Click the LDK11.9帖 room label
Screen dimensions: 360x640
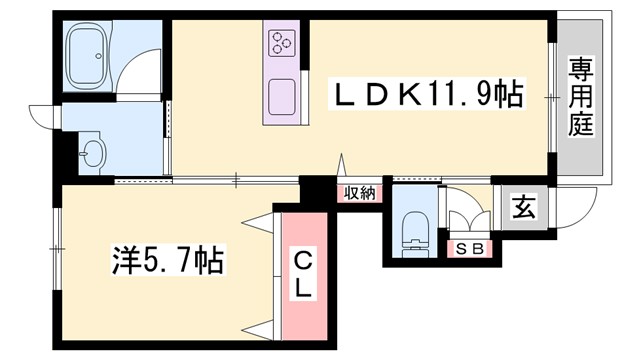click(x=429, y=96)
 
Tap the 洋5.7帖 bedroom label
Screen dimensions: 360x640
click(x=166, y=263)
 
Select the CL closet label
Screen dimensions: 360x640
click(x=304, y=273)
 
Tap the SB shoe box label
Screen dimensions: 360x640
click(x=469, y=248)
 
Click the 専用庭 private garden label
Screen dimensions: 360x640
click(x=580, y=97)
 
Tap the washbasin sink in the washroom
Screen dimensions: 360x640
click(x=93, y=155)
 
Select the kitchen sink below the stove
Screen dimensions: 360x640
click(x=281, y=95)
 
